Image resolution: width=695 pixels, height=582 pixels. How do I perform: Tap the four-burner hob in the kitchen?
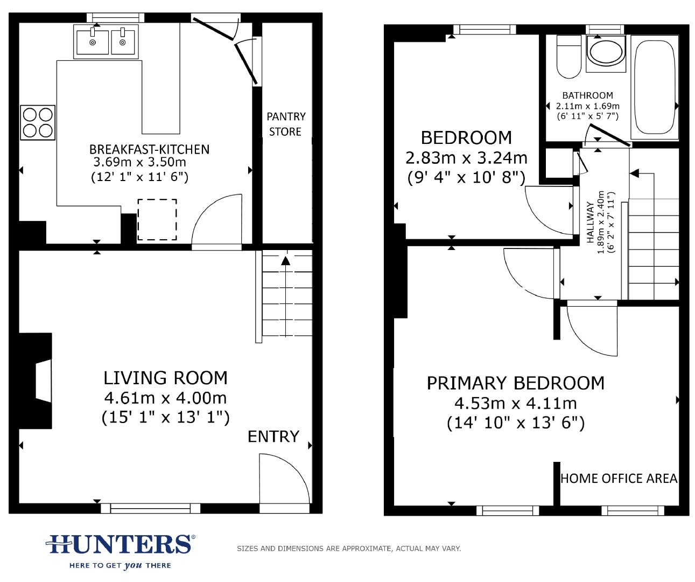point(38,123)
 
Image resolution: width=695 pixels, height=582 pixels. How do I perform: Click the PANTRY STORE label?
point(286,124)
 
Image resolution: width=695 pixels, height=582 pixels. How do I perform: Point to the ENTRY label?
point(273,436)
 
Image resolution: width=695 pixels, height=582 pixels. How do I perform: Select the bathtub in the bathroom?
point(654,88)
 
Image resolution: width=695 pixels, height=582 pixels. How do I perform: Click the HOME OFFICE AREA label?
point(619,479)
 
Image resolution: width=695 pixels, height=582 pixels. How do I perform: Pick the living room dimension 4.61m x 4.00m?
point(165,398)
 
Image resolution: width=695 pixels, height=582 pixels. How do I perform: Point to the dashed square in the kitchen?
point(157,219)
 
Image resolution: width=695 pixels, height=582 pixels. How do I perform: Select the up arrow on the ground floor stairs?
point(285,261)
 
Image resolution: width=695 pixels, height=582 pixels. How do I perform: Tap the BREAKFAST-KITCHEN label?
point(149,149)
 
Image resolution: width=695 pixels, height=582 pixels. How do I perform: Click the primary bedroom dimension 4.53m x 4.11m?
point(515,403)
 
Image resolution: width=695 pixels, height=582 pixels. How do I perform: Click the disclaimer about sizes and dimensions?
point(349,549)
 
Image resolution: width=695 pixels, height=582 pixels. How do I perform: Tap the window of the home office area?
point(633,510)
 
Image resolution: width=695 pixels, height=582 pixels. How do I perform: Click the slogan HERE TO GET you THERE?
point(120,565)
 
